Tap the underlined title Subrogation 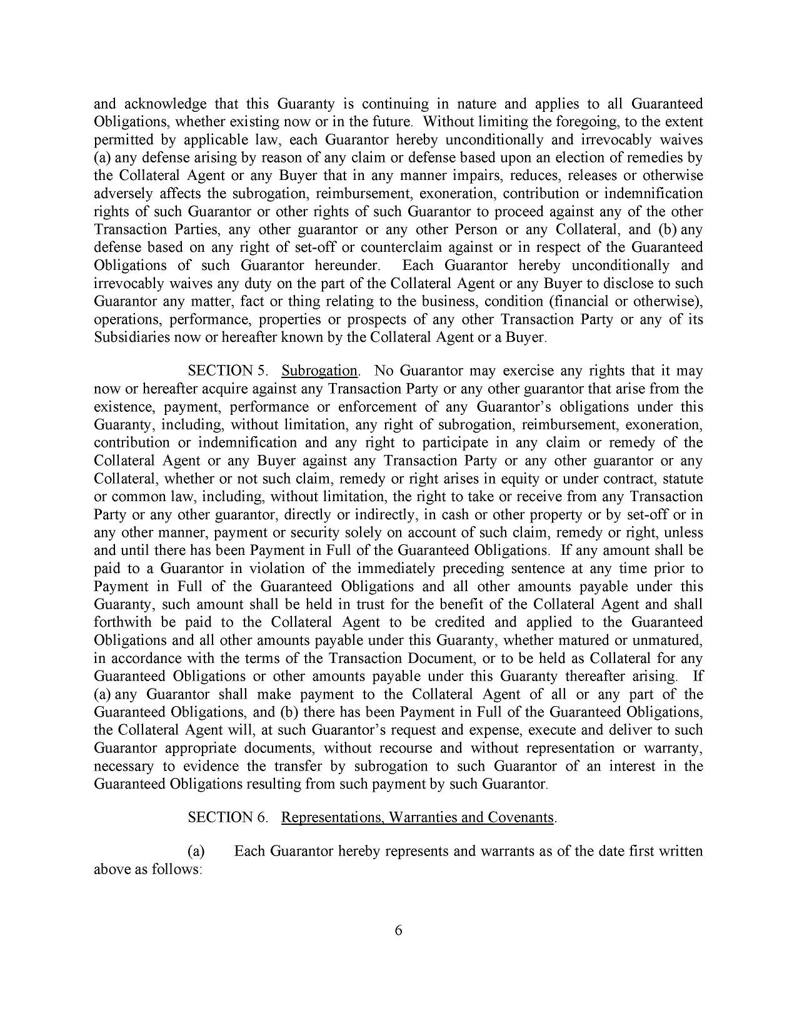click(319, 371)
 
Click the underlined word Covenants click(523, 817)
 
